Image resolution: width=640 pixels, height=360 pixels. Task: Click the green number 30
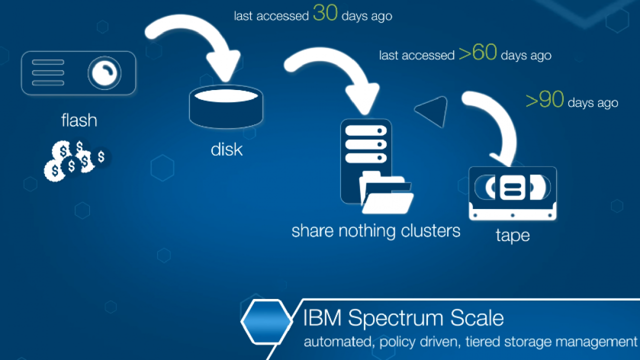click(x=325, y=13)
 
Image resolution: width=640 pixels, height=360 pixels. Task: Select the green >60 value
click(x=477, y=52)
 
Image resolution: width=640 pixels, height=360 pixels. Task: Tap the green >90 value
click(x=545, y=99)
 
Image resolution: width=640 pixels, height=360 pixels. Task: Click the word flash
click(x=79, y=120)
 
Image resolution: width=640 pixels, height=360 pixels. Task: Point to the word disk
click(x=226, y=149)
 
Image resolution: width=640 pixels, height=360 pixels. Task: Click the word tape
click(x=512, y=235)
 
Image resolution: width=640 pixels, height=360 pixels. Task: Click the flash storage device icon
click(x=78, y=73)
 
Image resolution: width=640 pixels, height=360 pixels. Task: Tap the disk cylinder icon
click(x=226, y=107)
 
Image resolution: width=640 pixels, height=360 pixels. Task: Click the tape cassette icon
click(x=512, y=193)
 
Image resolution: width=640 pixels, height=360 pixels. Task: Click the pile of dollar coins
click(x=77, y=160)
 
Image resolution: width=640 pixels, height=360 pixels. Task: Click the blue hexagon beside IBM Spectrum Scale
click(x=267, y=321)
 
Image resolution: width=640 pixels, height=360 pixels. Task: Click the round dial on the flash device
click(x=104, y=73)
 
